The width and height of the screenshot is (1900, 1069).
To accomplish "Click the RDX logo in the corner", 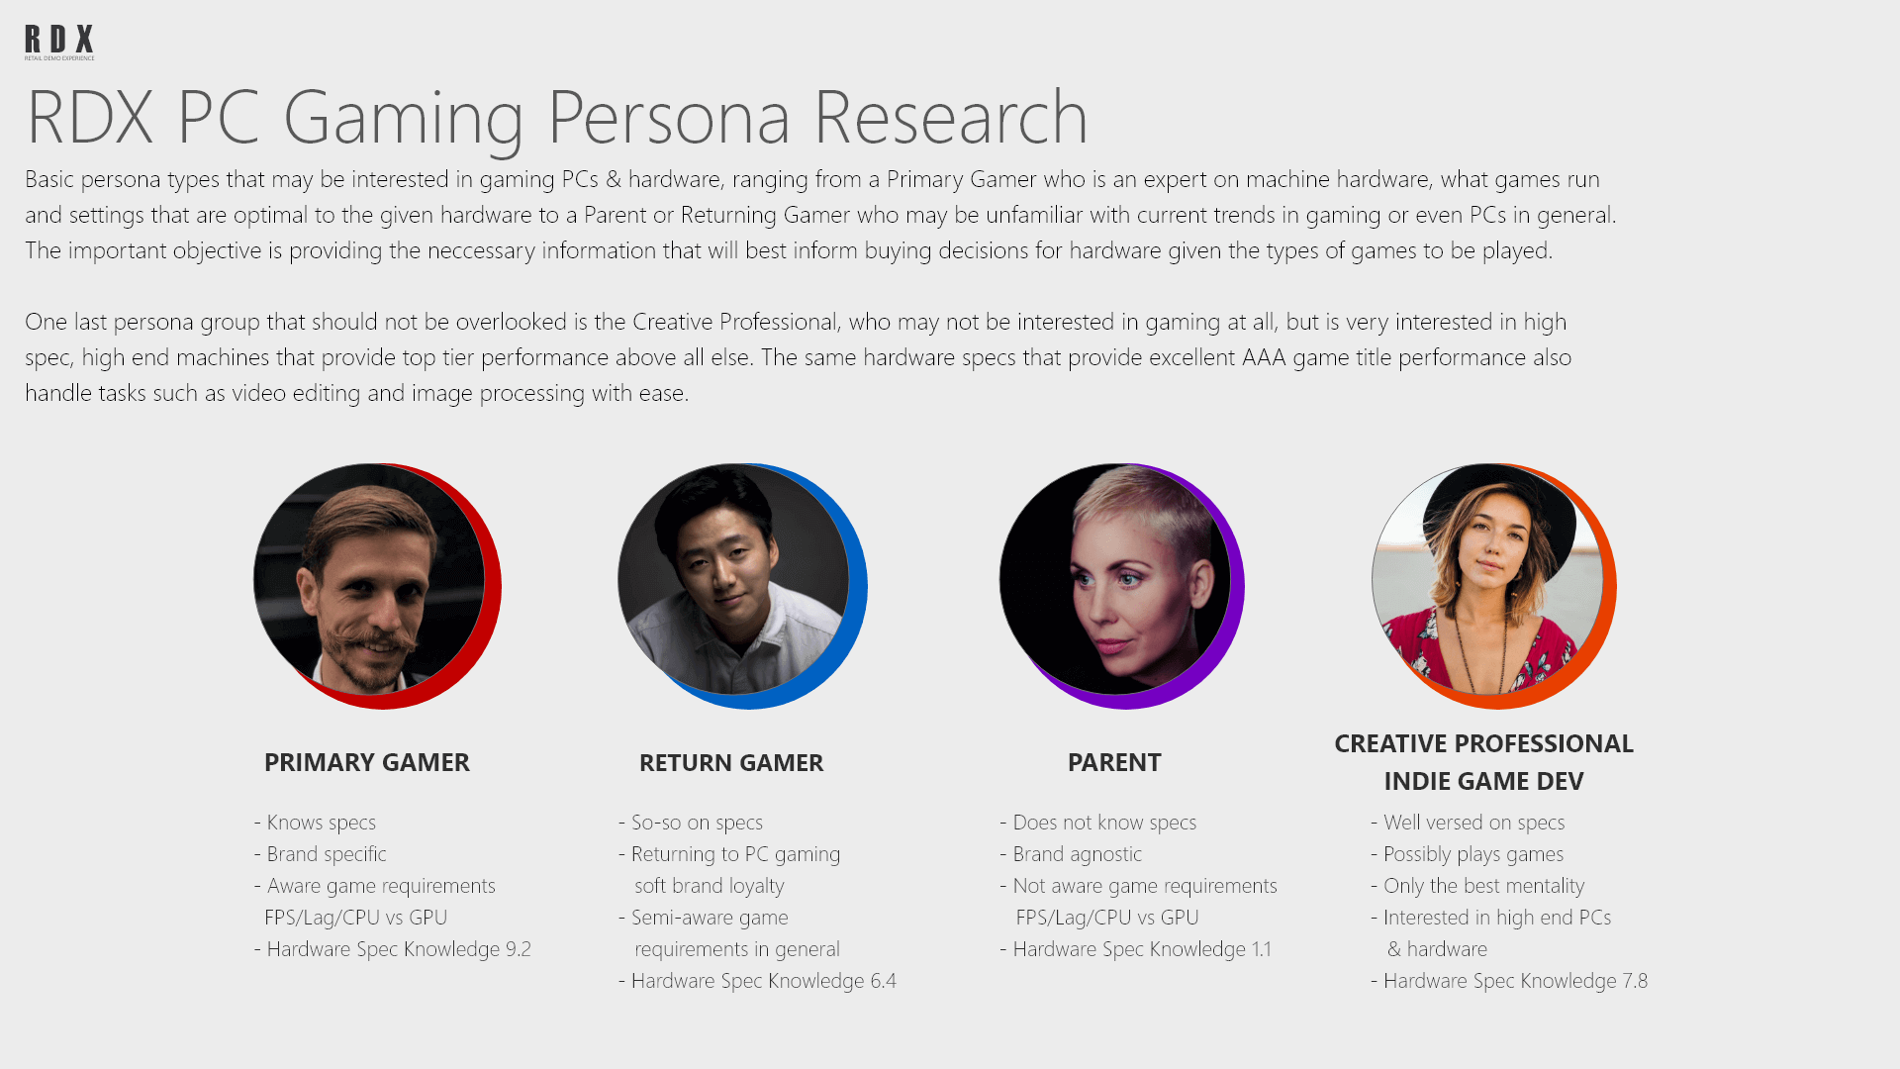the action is (x=59, y=43).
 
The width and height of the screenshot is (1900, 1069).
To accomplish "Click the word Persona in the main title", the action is (x=669, y=118).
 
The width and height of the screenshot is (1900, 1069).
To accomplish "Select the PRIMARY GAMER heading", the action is (x=367, y=763).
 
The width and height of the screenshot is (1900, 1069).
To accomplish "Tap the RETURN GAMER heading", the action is (x=731, y=763).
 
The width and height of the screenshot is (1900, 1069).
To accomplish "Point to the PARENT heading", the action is (x=1114, y=763).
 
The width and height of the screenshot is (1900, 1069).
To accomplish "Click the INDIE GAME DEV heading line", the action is (x=1483, y=782).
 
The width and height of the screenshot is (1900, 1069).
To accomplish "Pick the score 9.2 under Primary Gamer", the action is (x=519, y=949).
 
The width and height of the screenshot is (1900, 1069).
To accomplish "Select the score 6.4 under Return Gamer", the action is (x=884, y=981).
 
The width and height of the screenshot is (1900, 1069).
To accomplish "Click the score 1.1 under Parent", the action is (x=1262, y=949).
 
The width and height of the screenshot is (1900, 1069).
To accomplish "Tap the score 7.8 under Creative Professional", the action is (x=1635, y=981).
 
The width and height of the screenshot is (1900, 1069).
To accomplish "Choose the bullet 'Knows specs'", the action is (x=315, y=823).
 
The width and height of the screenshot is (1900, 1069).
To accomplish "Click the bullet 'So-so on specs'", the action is (x=691, y=823).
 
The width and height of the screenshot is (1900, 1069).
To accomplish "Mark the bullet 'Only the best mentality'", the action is (x=1477, y=886).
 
